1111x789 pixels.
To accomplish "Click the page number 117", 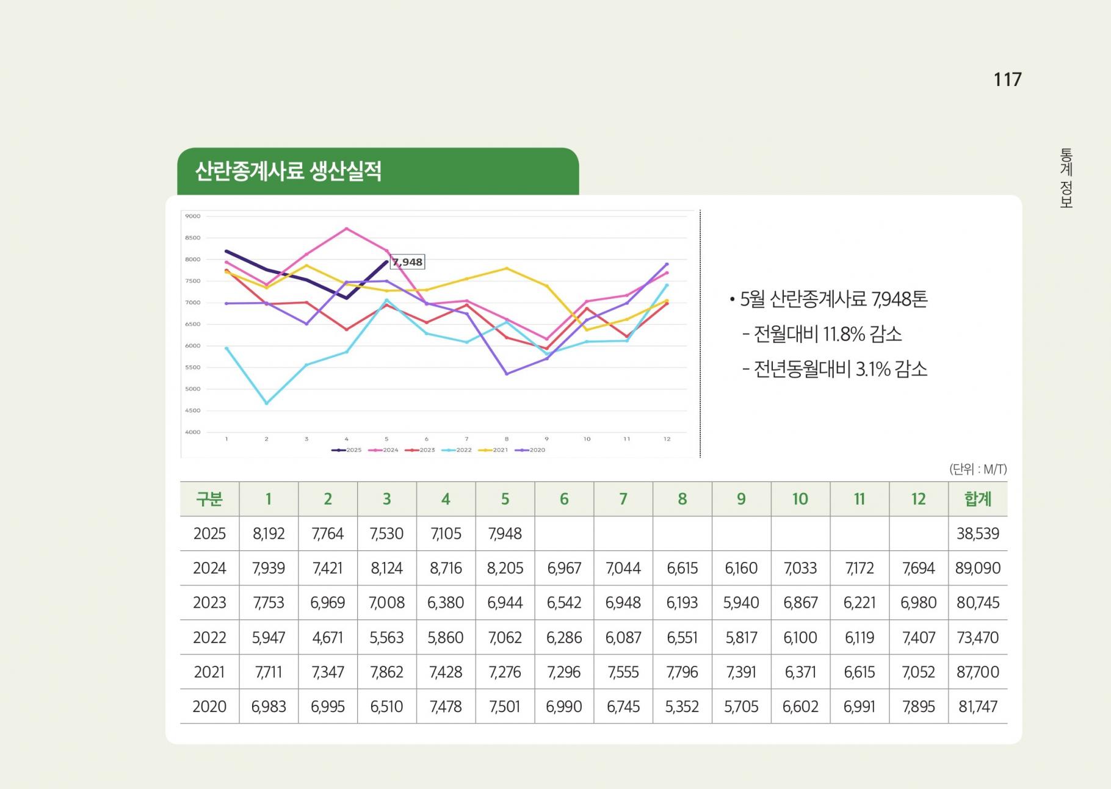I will [1007, 79].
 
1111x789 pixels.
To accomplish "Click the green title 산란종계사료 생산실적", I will [288, 171].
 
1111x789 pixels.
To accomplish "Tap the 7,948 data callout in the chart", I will [408, 262].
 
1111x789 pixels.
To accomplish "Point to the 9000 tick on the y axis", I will [193, 216].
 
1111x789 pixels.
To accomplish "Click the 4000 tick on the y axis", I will [193, 432].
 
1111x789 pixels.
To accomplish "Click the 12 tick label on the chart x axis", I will [667, 439].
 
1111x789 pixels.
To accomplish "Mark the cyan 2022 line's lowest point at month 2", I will [267, 403].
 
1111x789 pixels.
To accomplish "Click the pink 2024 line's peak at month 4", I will [347, 229].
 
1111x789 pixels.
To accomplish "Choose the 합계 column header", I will [977, 499].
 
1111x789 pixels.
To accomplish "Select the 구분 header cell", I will [209, 499].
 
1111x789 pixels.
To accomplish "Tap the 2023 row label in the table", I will [209, 603].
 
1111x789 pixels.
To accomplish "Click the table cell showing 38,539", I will [977, 534].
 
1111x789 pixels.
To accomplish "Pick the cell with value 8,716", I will [446, 568].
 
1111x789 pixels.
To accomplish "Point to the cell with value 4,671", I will [328, 638].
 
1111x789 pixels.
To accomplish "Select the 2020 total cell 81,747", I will [977, 707].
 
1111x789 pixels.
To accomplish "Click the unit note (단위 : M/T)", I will [977, 469].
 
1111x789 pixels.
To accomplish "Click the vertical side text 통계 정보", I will [1066, 178].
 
